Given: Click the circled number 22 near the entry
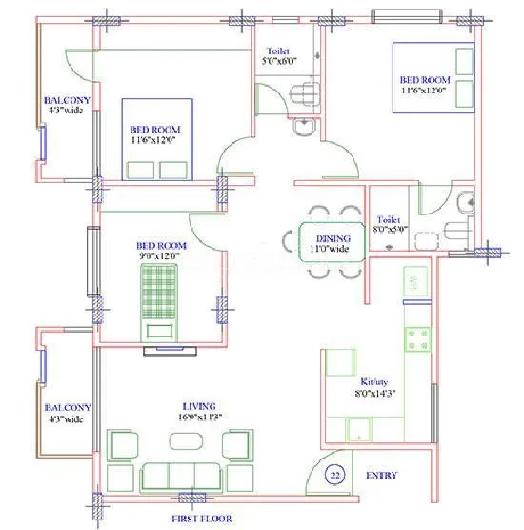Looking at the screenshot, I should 334,476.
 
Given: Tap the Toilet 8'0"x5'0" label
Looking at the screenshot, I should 391,223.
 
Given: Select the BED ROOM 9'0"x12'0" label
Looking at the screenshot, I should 159,250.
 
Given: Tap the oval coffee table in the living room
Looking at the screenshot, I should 184,441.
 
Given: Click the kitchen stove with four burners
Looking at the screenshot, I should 416,340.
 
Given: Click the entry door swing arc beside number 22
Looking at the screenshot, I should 324,461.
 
